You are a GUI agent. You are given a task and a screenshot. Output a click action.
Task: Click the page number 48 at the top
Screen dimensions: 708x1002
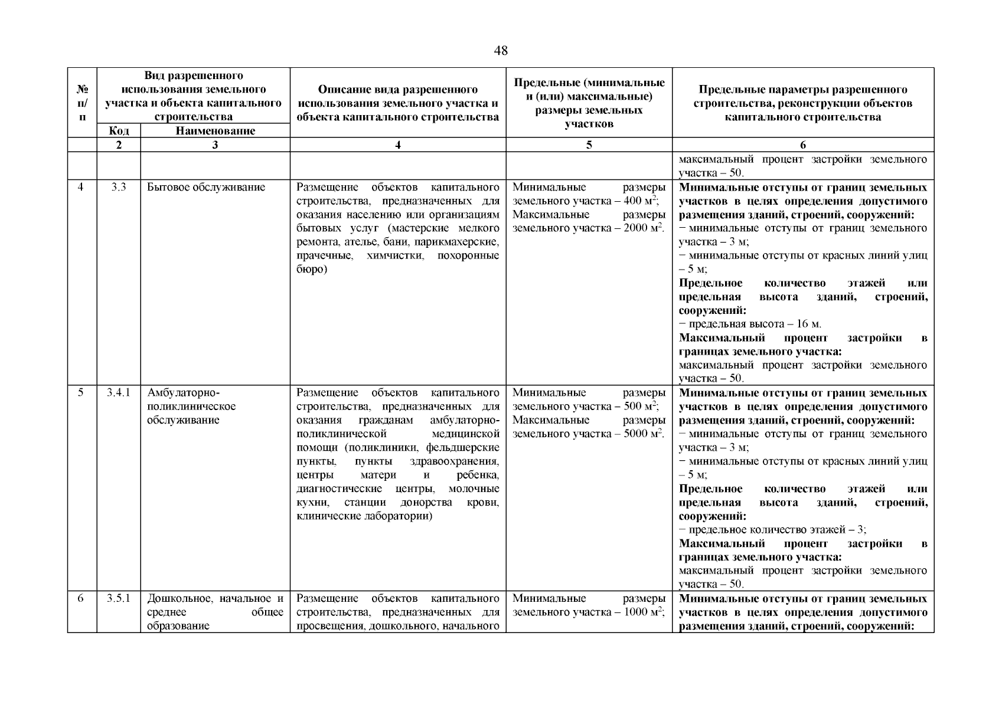(500, 51)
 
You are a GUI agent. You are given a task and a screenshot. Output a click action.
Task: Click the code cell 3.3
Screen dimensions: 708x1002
(119, 187)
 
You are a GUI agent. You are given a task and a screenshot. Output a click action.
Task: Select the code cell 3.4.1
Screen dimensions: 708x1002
(119, 392)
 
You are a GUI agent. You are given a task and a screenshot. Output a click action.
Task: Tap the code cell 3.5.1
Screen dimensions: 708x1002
(119, 598)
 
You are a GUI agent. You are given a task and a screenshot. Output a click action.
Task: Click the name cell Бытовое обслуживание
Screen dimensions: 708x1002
(206, 187)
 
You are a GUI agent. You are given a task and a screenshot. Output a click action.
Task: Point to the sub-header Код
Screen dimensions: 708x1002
(119, 131)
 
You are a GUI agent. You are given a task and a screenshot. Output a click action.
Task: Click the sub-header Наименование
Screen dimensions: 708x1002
(215, 131)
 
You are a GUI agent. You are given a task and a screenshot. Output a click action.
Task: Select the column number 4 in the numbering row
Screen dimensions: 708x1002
(397, 145)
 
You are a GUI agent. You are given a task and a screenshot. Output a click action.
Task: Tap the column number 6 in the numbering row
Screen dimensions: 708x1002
(802, 145)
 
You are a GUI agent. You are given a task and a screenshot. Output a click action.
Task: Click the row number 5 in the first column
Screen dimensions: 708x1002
(81, 392)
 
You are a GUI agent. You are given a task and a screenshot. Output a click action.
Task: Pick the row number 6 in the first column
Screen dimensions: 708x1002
(81, 598)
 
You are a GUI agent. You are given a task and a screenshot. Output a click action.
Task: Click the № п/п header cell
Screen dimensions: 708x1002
(82, 103)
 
